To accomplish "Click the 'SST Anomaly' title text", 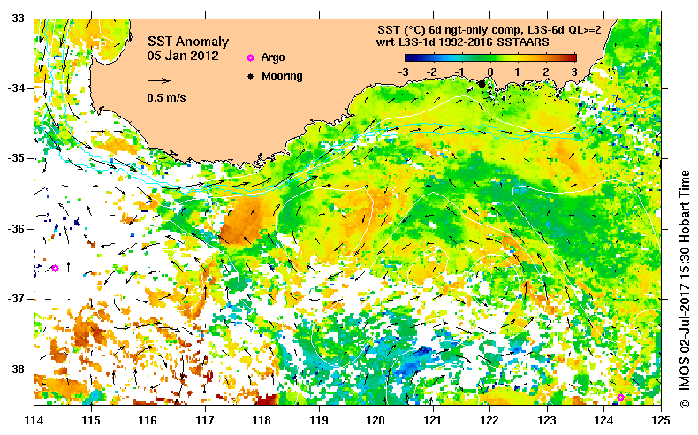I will (187, 42).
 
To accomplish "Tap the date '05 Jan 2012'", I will (183, 56).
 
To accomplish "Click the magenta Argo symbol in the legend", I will (250, 57).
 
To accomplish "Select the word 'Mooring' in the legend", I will (282, 76).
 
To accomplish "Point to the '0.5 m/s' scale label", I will (166, 98).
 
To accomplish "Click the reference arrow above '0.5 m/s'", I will (159, 82).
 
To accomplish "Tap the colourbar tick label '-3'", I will (404, 72).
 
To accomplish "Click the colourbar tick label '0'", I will (490, 72).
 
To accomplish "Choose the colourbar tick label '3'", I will (574, 72).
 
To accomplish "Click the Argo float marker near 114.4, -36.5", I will (55, 268).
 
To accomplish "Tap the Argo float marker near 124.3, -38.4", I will (620, 397).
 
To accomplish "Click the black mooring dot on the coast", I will (482, 83).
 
